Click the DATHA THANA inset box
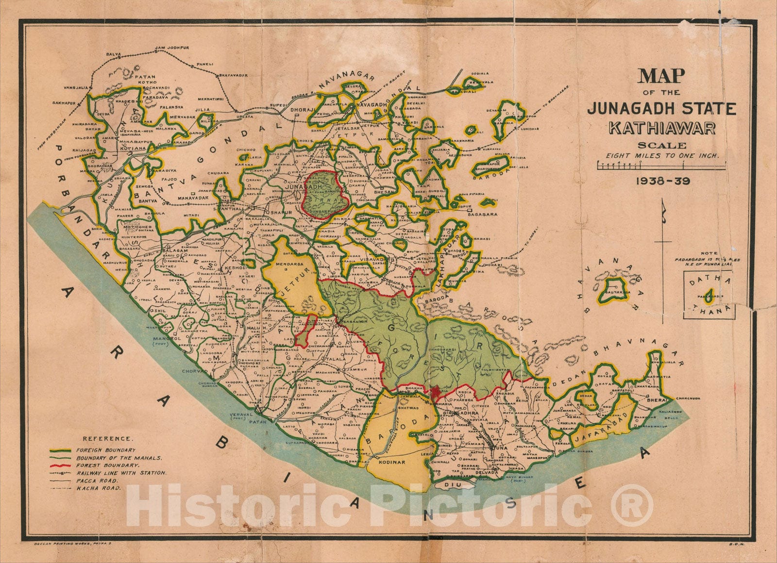point(709,295)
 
